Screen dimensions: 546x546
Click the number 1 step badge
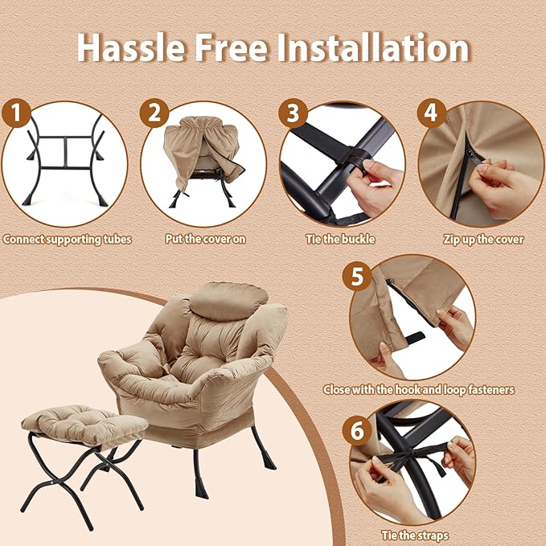point(16,113)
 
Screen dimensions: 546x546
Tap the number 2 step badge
point(154,113)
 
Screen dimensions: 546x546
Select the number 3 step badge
point(293,113)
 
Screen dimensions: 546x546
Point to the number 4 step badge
point(432,113)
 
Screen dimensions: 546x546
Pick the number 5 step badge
point(357,277)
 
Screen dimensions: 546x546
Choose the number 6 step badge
point(357,430)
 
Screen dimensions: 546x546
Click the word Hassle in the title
point(130,47)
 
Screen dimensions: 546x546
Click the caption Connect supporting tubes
point(68,239)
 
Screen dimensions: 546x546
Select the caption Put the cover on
point(205,239)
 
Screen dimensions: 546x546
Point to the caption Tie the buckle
point(341,239)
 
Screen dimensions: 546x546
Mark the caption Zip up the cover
point(483,240)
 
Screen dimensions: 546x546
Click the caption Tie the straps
point(415,536)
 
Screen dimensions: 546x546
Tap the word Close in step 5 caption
point(336,389)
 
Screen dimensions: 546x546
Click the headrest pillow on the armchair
point(228,302)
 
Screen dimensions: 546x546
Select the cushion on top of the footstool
point(84,424)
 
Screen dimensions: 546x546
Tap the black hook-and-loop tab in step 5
point(415,338)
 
